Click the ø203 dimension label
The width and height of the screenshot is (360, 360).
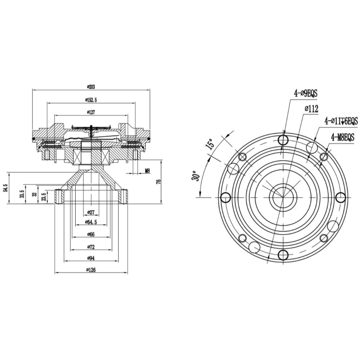91,86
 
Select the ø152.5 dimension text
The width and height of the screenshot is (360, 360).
91,100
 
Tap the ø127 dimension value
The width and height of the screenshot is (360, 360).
91,112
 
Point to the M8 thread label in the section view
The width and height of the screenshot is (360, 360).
147,171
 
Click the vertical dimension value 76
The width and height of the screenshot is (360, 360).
158,181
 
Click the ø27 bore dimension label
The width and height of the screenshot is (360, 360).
91,212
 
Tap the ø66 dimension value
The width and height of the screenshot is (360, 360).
91,234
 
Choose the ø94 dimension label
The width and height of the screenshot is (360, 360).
91,258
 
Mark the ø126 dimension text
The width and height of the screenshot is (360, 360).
91,270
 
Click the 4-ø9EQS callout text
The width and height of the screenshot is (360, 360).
306,94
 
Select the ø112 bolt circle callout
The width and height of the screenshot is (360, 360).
311,109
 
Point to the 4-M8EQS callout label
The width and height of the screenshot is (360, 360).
343,138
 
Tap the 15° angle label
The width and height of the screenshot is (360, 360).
210,144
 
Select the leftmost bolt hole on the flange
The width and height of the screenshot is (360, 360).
225,197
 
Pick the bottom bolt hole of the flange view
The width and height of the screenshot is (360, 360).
283,255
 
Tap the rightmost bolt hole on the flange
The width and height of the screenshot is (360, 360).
341,197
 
